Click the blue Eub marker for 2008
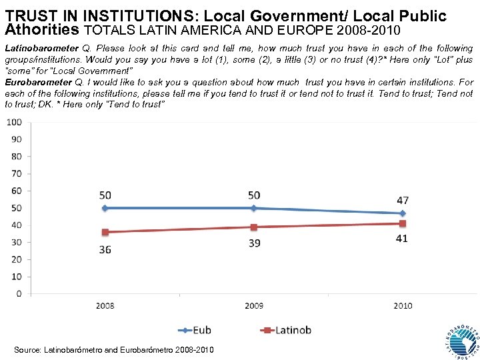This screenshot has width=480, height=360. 105,208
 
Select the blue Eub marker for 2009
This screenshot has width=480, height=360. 254,208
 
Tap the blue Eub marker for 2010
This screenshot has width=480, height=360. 403,213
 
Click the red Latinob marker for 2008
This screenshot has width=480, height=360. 105,232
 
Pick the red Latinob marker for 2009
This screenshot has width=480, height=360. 254,227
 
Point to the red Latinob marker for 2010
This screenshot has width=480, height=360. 403,223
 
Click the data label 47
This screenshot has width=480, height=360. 402,200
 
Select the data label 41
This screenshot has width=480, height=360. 402,239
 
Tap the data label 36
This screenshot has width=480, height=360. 105,249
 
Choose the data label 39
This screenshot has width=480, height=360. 254,244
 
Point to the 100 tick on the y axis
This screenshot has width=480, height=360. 14,122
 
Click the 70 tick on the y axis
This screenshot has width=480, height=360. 16,173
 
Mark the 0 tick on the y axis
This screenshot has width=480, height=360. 19,293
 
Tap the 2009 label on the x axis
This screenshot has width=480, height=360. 254,306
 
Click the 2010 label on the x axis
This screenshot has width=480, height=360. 403,306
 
